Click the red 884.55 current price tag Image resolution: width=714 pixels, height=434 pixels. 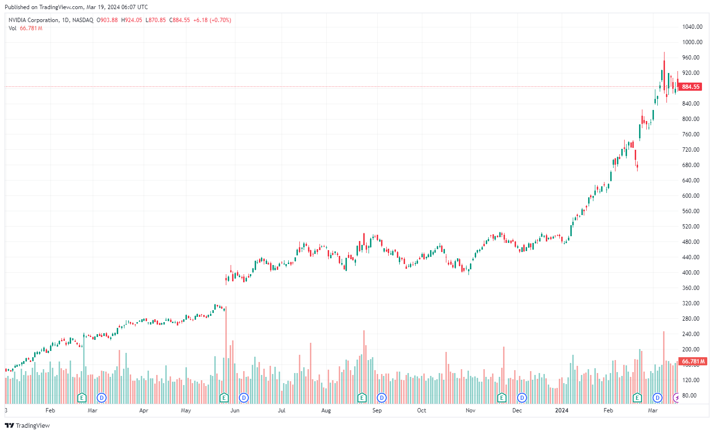click(x=690, y=87)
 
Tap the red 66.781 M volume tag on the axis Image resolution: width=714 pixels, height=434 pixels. click(x=692, y=362)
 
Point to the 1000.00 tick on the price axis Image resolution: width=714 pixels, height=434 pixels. click(x=692, y=42)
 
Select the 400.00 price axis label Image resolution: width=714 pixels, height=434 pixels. click(x=690, y=273)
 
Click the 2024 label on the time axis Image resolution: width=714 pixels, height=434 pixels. click(x=561, y=410)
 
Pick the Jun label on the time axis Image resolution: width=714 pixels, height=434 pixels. click(x=234, y=410)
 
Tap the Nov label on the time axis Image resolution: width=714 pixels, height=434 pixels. click(x=470, y=410)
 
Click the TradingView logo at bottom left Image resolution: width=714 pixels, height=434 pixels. click(x=27, y=425)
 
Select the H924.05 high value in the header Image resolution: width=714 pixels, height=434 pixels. click(x=132, y=20)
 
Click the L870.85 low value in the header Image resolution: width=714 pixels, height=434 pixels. click(x=156, y=20)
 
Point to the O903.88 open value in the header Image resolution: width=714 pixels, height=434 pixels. click(x=107, y=20)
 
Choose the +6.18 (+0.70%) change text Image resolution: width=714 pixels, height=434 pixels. click(x=212, y=20)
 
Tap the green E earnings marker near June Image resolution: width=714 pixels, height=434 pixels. click(x=223, y=398)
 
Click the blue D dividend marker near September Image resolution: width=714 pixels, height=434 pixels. click(x=382, y=398)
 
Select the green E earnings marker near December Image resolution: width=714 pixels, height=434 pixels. click(x=502, y=398)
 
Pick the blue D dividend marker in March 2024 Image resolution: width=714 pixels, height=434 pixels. click(x=657, y=398)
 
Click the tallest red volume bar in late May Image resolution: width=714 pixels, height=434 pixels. click(x=226, y=355)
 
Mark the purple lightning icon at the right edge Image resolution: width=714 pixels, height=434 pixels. click(x=677, y=398)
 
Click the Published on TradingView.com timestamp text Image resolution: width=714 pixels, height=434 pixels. click(x=76, y=7)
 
